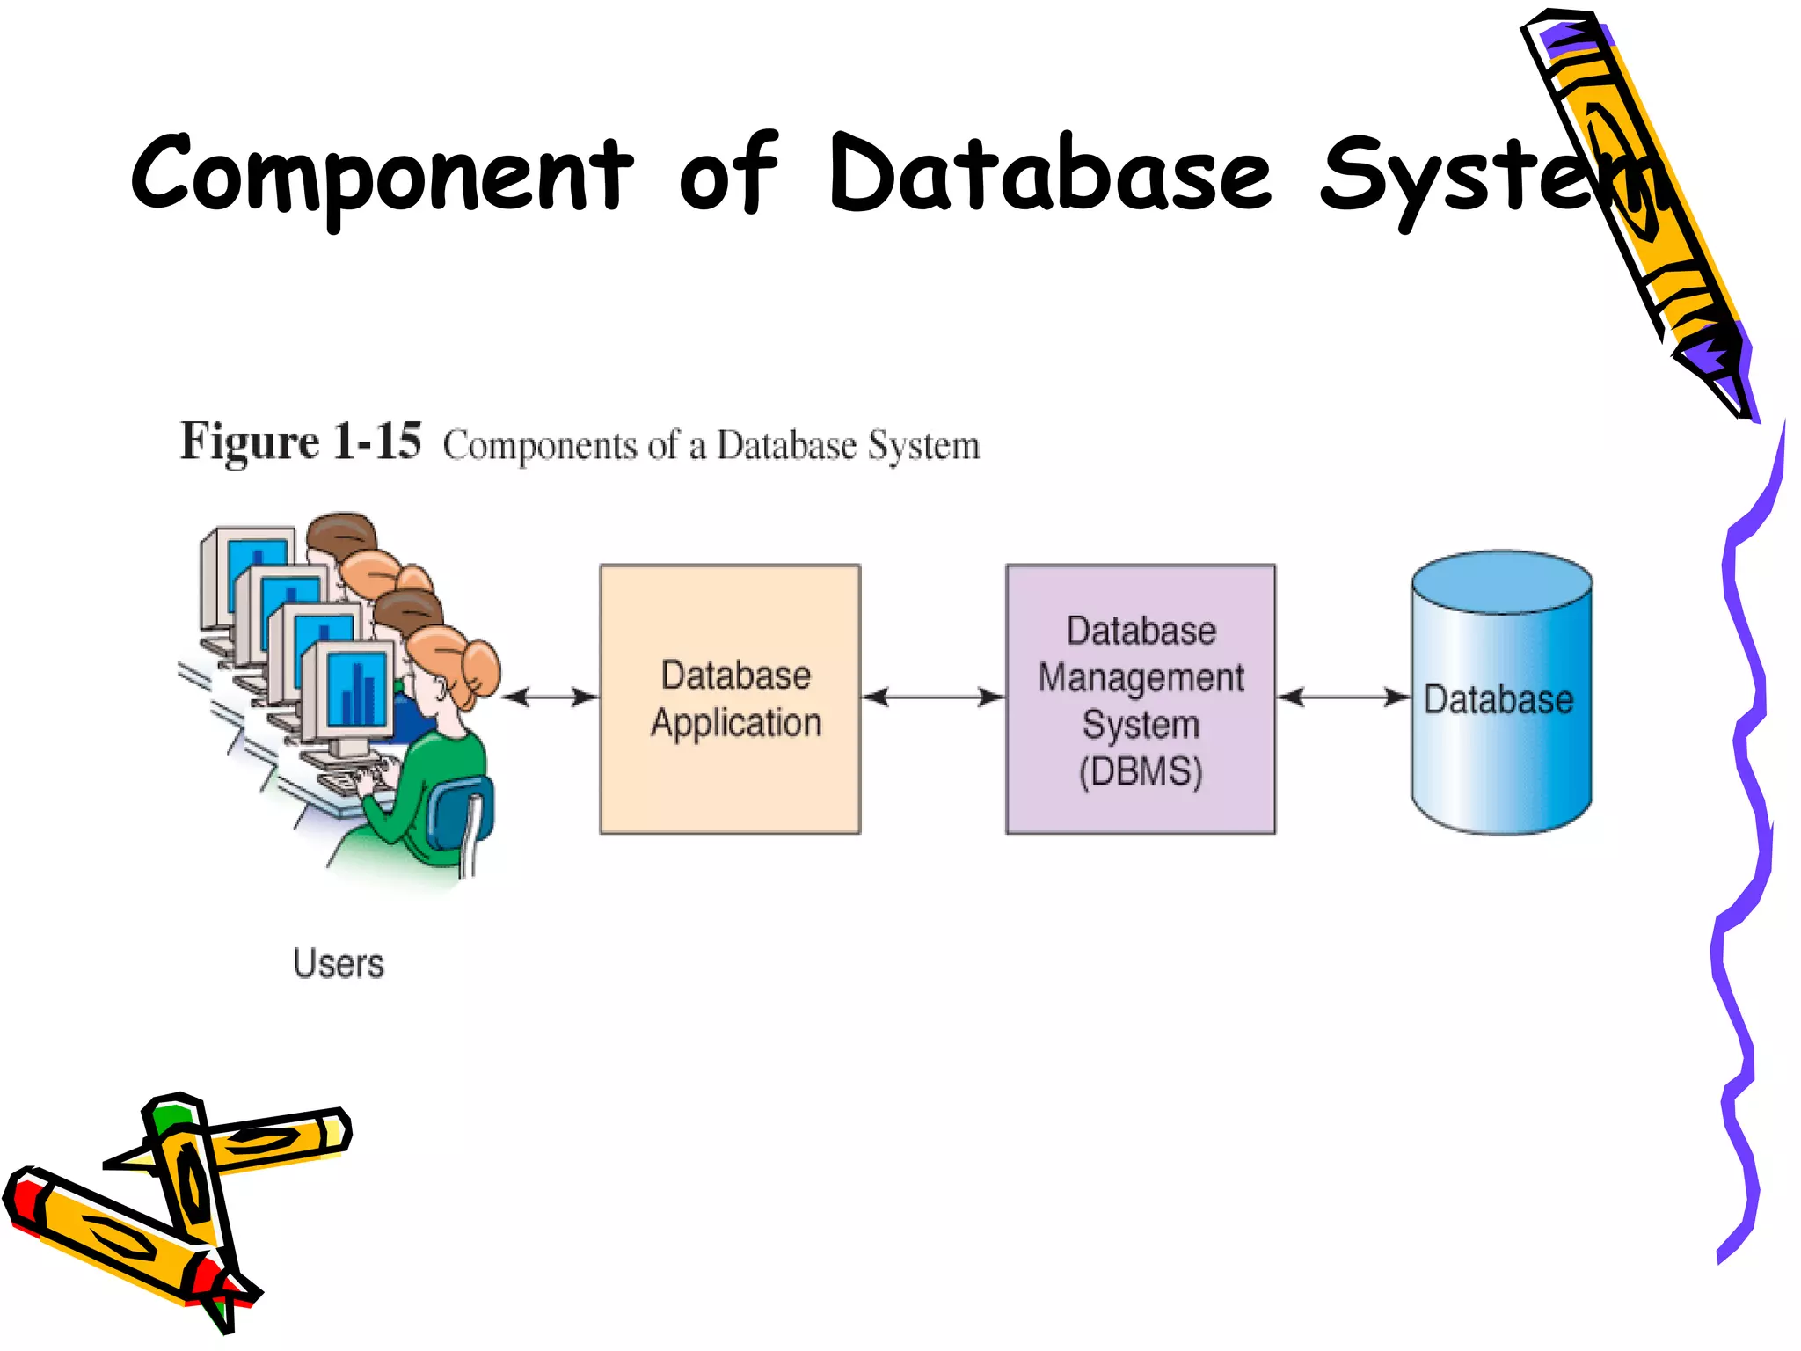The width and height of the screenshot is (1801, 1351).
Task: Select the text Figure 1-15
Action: coord(300,442)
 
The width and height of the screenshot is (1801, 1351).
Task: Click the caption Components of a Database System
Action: coord(711,445)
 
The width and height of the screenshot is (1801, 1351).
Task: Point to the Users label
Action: coord(339,964)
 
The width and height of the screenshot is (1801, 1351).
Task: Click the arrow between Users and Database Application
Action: coord(550,697)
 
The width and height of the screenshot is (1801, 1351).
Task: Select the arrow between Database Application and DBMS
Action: coord(932,697)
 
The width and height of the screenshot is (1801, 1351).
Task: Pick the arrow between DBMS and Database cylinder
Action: coord(1342,697)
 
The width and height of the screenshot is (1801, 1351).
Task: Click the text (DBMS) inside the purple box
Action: coord(1140,771)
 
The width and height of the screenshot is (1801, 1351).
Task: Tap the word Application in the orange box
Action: coord(736,723)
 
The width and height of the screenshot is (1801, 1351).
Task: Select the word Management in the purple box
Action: coord(1140,678)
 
